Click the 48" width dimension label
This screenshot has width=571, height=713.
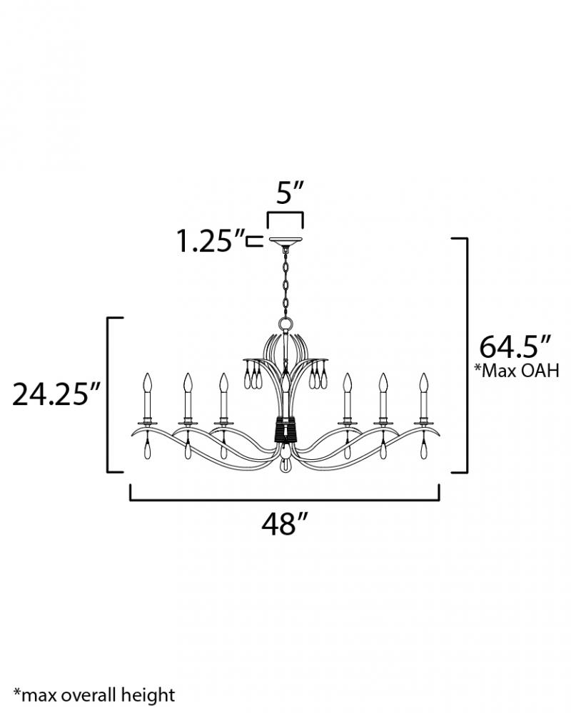(285, 523)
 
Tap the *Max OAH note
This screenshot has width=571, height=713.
(517, 371)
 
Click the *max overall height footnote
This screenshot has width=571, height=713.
(94, 695)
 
